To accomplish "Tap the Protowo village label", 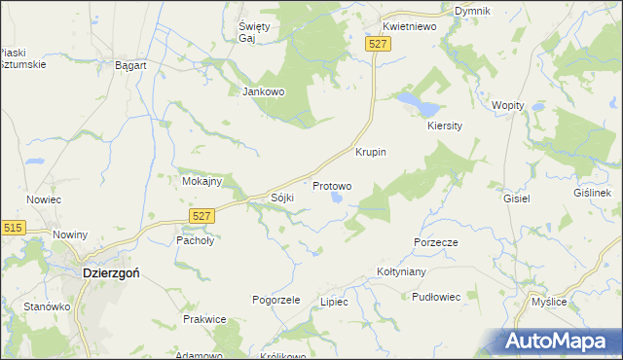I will click(x=331, y=185).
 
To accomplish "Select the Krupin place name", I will click(x=371, y=153).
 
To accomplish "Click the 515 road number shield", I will click(x=13, y=227).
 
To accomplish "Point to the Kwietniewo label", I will click(x=409, y=27).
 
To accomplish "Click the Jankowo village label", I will click(x=262, y=92).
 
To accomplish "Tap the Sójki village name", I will click(x=282, y=198).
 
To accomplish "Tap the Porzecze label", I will click(x=435, y=241).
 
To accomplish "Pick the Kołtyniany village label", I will click(x=403, y=272).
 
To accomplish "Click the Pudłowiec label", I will click(x=435, y=297).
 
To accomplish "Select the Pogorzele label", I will click(x=275, y=300).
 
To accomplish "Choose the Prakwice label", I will click(x=204, y=319).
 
